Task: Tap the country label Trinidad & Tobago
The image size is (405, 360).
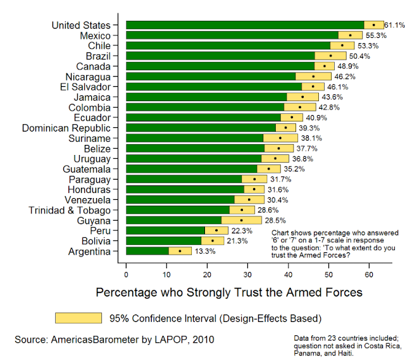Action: click(x=70, y=210)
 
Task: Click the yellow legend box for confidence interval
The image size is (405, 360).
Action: click(x=78, y=318)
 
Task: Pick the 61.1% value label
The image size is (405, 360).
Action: click(x=394, y=25)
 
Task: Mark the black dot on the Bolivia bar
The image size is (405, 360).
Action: click(x=213, y=241)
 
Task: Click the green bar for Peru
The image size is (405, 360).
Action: click(x=166, y=231)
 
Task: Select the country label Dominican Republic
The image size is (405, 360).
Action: click(x=66, y=128)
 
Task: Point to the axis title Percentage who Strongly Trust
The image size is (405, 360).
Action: click(x=228, y=293)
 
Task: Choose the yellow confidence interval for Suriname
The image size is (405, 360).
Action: click(x=280, y=138)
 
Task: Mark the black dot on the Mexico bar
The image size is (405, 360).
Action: click(x=350, y=35)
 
